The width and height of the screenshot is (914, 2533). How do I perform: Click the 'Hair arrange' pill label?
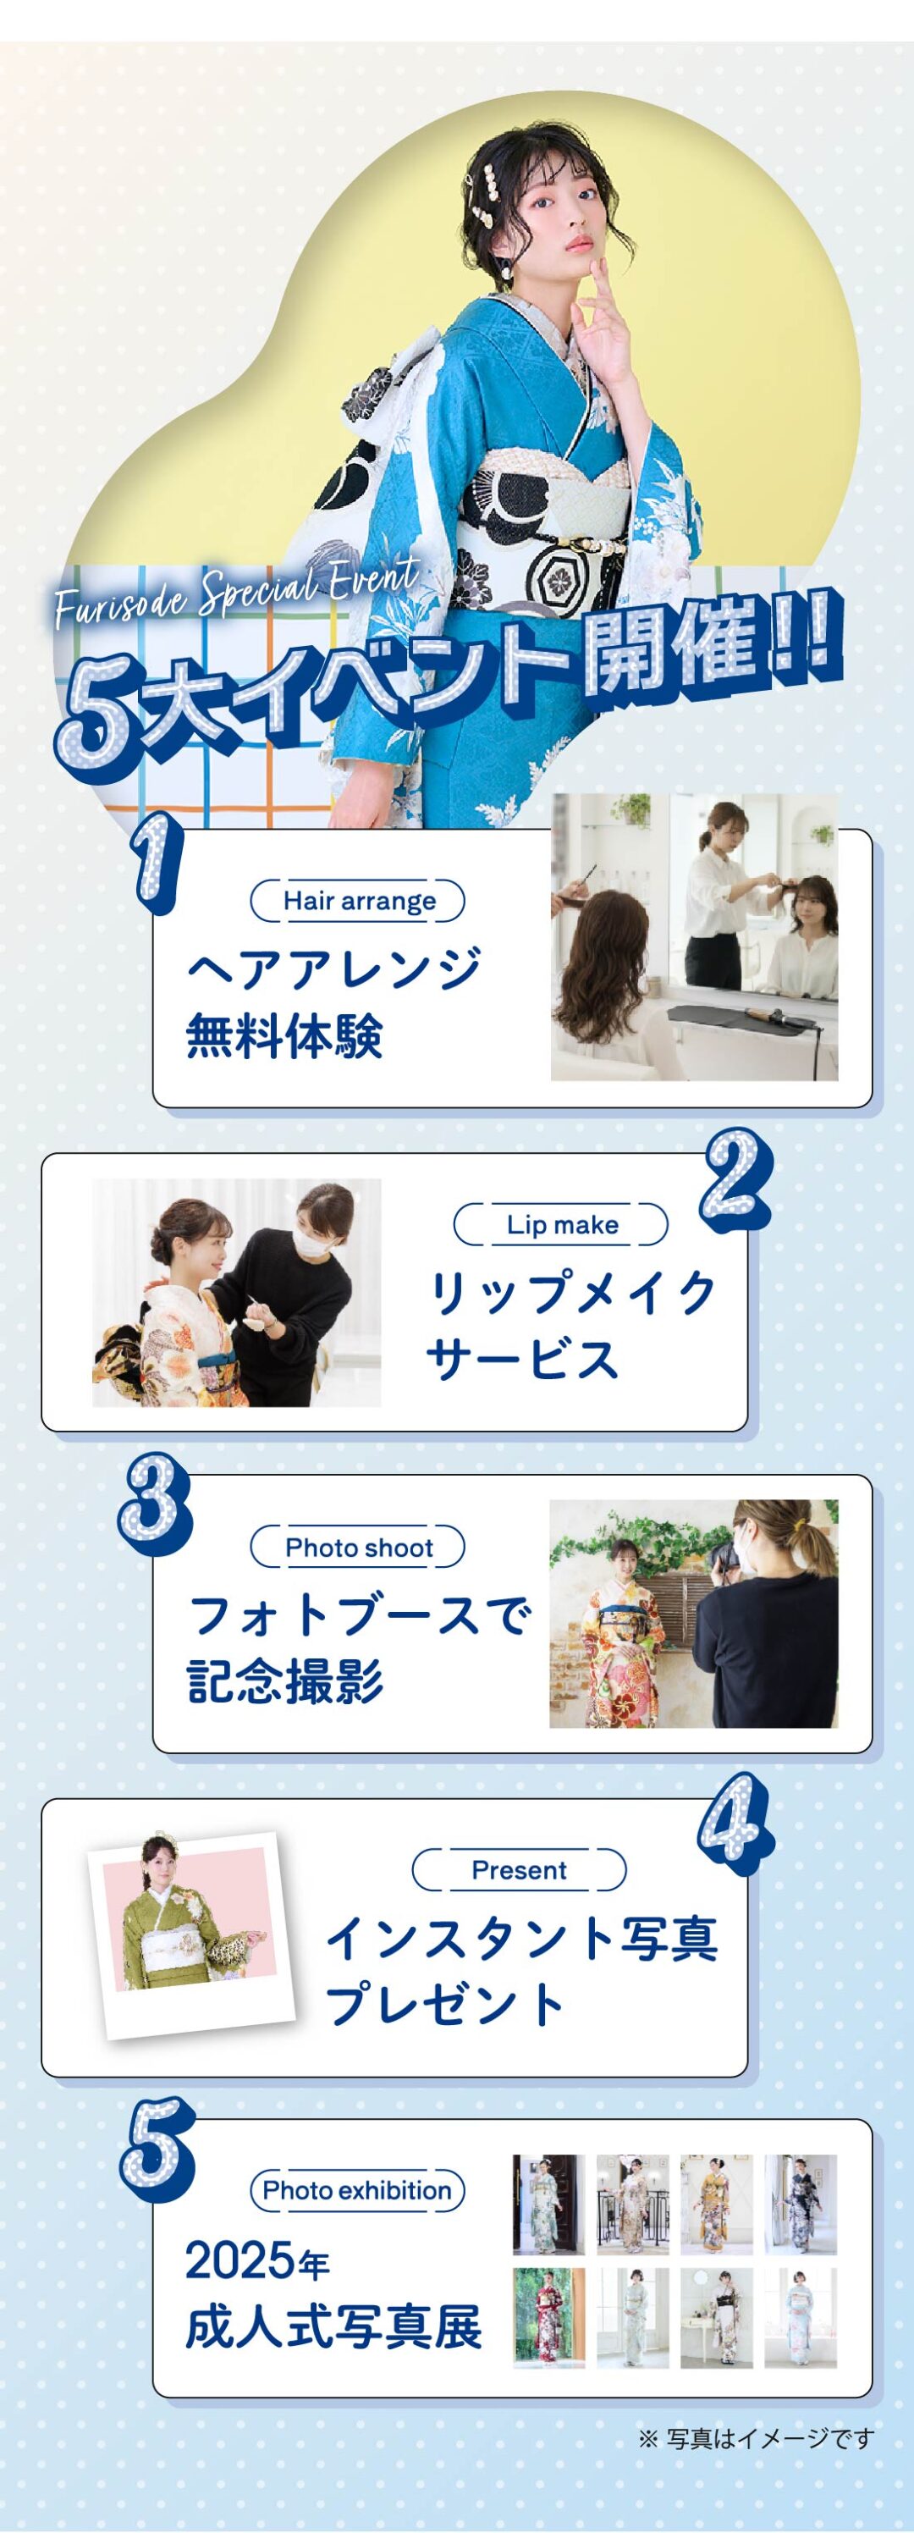358,901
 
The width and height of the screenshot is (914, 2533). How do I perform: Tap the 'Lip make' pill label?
561,1224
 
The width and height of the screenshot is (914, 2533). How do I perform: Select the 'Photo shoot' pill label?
358,1547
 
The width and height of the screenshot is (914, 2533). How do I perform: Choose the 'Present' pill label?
519,1869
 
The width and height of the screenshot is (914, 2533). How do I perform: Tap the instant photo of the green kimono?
191,1932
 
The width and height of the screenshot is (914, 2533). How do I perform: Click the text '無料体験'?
285,1035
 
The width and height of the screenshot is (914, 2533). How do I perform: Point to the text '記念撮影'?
285,1680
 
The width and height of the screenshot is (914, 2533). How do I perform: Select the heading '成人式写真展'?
334,2326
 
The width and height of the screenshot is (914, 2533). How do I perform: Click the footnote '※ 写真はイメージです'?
756,2437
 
